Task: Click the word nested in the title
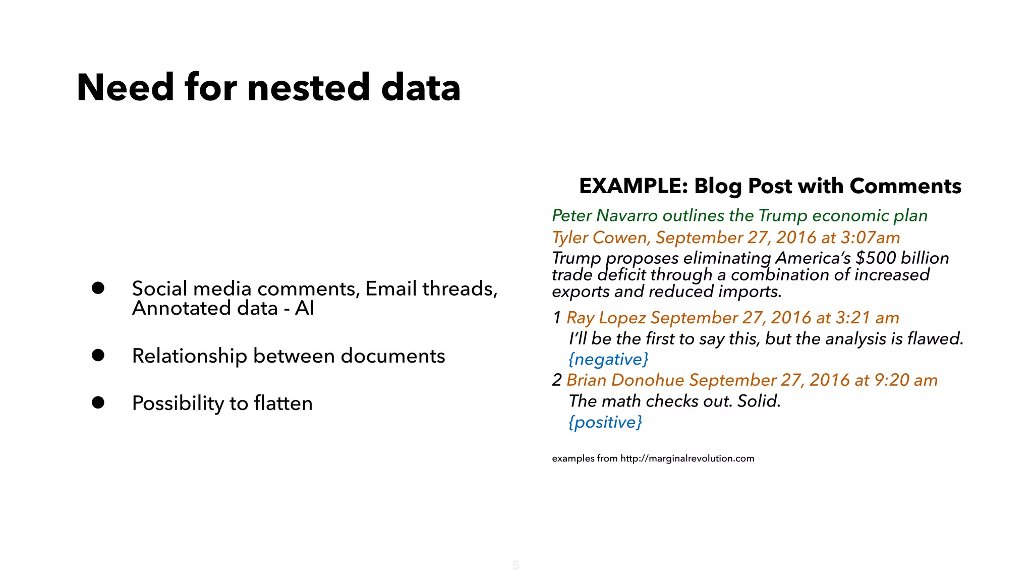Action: coord(309,87)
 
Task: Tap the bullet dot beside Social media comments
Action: coord(98,288)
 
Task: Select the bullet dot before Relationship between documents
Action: coord(98,356)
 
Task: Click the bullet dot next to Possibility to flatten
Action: coord(98,402)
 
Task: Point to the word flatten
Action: coord(283,403)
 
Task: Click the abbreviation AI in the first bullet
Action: coord(304,308)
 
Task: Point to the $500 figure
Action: coord(876,258)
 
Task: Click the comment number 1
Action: coord(557,318)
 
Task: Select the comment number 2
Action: coord(557,380)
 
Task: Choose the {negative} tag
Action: coord(608,360)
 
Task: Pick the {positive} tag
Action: coord(605,422)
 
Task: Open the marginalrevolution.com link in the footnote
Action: coord(687,458)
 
